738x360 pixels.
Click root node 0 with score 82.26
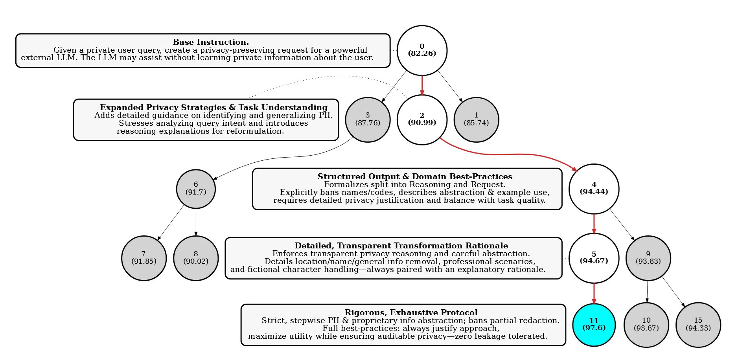tap(422, 50)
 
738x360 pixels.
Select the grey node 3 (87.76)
tap(368, 119)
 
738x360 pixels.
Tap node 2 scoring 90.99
tap(422, 119)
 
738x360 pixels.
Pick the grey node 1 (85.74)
tap(476, 119)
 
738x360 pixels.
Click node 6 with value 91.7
tap(196, 189)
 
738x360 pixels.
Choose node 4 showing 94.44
tap(594, 189)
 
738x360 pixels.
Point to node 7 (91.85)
tap(144, 258)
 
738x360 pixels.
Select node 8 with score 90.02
tap(196, 258)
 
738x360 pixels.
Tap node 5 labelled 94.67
tap(594, 258)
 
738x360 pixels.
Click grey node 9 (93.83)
tap(648, 258)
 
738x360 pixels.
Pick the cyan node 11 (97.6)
tap(594, 325)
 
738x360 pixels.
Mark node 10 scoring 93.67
tap(646, 325)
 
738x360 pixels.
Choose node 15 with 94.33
tap(698, 325)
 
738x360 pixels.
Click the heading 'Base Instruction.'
tap(211, 42)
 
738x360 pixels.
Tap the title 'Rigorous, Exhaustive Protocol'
tap(411, 312)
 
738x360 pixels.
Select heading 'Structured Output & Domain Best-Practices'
tap(415, 176)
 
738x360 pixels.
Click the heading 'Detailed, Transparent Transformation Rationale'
tap(401, 246)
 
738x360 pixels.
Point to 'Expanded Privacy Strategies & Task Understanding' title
tap(213, 107)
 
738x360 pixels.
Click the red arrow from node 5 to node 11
tap(594, 293)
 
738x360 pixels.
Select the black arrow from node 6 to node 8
tap(196, 222)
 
